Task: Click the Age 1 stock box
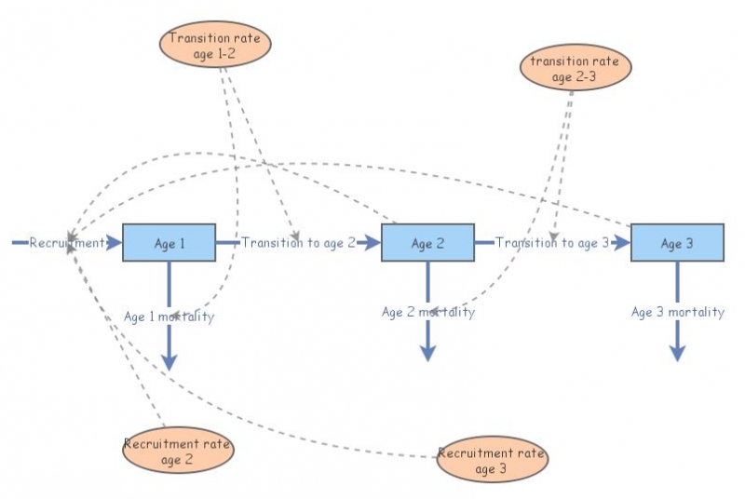point(169,243)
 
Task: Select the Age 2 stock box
point(427,243)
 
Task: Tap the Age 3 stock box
point(677,243)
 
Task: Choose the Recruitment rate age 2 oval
point(177,450)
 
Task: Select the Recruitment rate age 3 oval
point(491,460)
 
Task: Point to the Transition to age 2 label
point(298,243)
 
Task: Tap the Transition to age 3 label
point(551,243)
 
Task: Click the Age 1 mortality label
point(169,317)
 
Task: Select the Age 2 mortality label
point(427,312)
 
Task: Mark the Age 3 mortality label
point(677,312)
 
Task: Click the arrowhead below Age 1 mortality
point(169,361)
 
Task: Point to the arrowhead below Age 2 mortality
point(427,353)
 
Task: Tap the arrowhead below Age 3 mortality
point(677,353)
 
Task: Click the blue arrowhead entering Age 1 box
point(115,243)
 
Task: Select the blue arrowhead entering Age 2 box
point(372,243)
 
